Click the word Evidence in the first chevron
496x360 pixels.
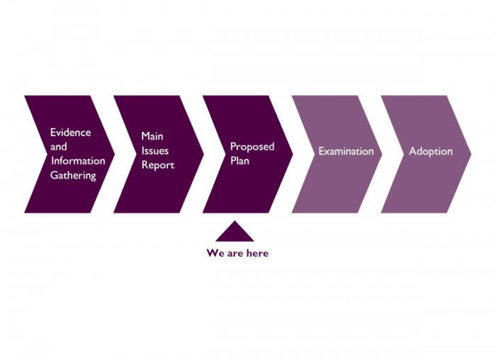tap(71, 133)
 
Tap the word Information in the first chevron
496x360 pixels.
tap(78, 161)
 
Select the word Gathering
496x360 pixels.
tap(73, 176)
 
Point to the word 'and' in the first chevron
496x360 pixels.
tap(59, 147)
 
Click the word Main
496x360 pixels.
tap(152, 136)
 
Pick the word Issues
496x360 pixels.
tap(154, 150)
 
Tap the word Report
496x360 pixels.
tap(158, 165)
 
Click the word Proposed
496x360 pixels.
tap(252, 147)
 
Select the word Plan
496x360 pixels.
tap(239, 161)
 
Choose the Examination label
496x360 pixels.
tap(346, 151)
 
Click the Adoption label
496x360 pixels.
tap(431, 151)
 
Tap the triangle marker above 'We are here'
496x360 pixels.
tap(235, 233)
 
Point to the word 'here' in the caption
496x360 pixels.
tap(257, 253)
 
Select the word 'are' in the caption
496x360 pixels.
tap(235, 254)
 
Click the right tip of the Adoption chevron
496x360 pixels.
tap(471, 154)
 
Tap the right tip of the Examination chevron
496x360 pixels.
tap(382, 154)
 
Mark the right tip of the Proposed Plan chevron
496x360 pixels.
tap(293, 154)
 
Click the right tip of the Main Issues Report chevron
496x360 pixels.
tap(204, 154)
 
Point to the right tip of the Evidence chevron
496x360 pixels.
tap(115, 154)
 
